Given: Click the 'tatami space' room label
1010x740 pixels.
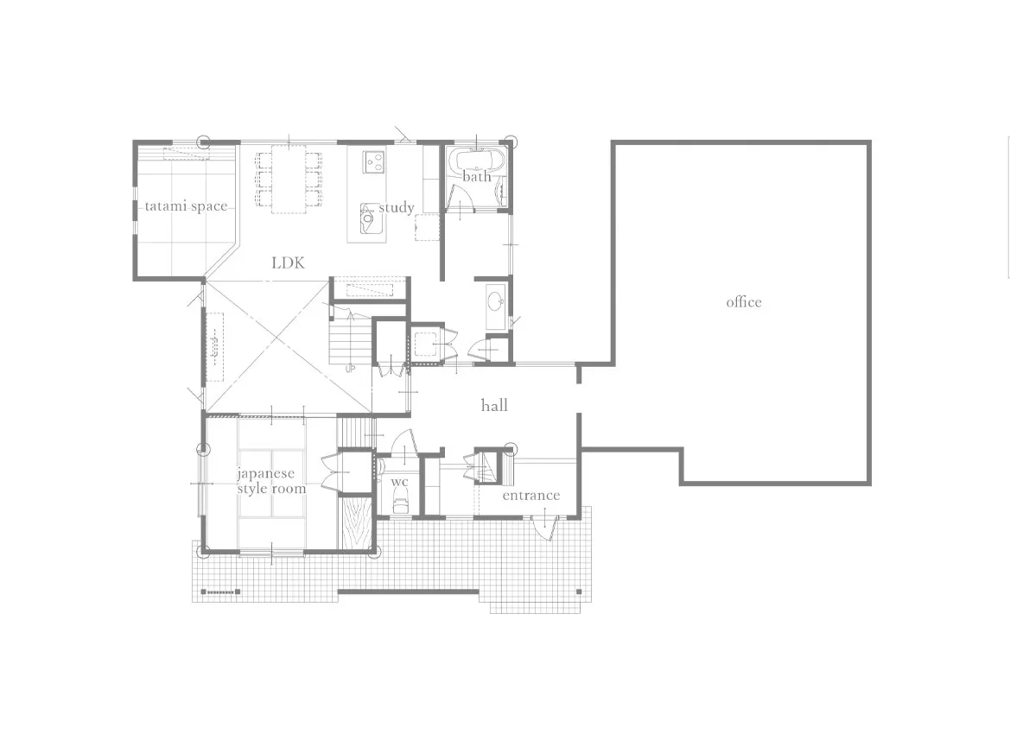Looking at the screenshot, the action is coord(186,206).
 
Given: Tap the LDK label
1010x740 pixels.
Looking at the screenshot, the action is coord(288,262).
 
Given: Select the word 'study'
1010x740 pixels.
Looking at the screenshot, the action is coord(397,208).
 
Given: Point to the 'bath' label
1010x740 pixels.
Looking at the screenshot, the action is coord(477,176).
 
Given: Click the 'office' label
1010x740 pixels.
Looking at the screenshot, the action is coord(744,302).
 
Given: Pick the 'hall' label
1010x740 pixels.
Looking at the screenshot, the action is coord(494,405).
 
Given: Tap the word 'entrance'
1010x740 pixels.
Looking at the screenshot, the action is coord(530,496).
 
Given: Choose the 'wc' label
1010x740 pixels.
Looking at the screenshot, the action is coord(399,482).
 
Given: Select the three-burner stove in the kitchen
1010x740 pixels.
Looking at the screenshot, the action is coord(373,161).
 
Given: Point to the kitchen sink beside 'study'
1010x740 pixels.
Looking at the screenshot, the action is coord(369,217).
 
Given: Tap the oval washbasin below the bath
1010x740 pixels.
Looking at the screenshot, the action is coord(495,301).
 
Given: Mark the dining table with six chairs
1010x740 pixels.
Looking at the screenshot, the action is coord(289,179).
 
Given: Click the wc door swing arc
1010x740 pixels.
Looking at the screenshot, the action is coord(403,444).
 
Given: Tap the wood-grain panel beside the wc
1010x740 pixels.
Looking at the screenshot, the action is coord(357,522).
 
